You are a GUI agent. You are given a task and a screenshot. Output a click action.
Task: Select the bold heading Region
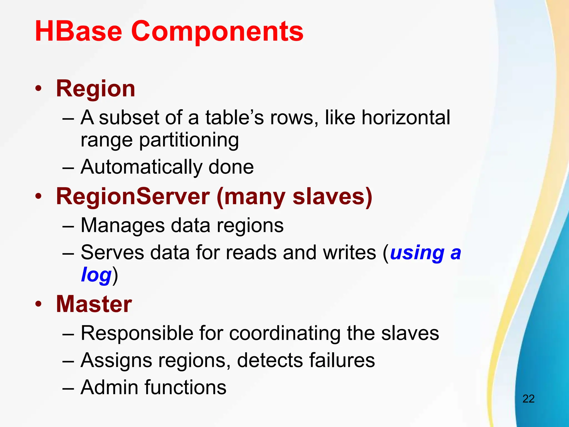[96, 89]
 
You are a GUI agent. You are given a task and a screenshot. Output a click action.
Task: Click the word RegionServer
[133, 196]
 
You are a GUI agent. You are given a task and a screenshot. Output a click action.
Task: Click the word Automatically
[142, 167]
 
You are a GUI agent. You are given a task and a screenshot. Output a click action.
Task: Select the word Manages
[123, 225]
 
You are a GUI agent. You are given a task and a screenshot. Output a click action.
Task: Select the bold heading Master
[94, 304]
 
